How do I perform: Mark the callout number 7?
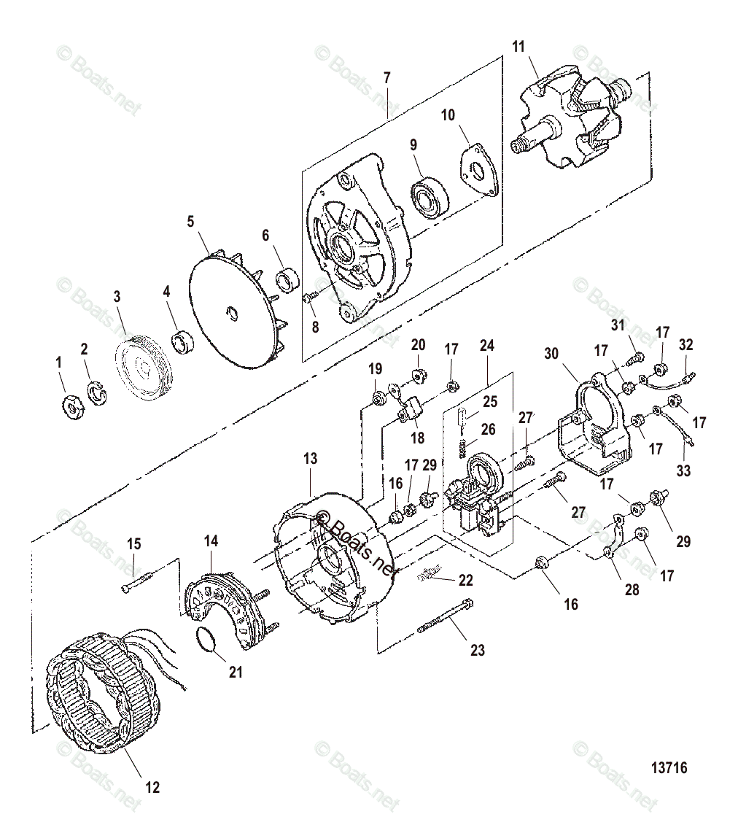pos(387,77)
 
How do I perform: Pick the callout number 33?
pos(683,471)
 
